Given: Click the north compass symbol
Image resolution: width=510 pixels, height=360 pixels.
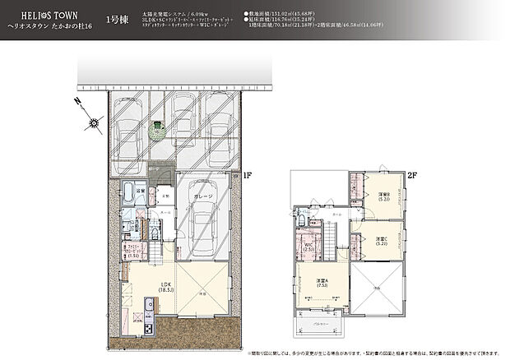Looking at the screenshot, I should [x=93, y=124].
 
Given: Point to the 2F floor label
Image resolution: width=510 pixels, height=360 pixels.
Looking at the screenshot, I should [x=412, y=174].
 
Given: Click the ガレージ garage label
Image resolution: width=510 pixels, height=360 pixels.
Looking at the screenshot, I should [x=205, y=197].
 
